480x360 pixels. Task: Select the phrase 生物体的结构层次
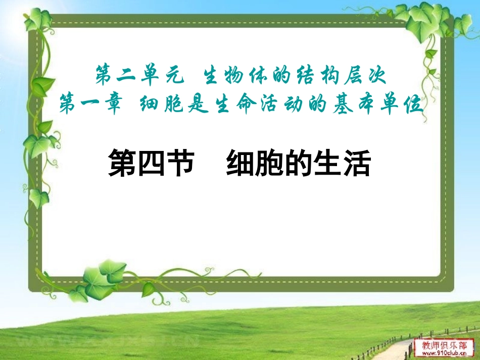pos(294,77)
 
